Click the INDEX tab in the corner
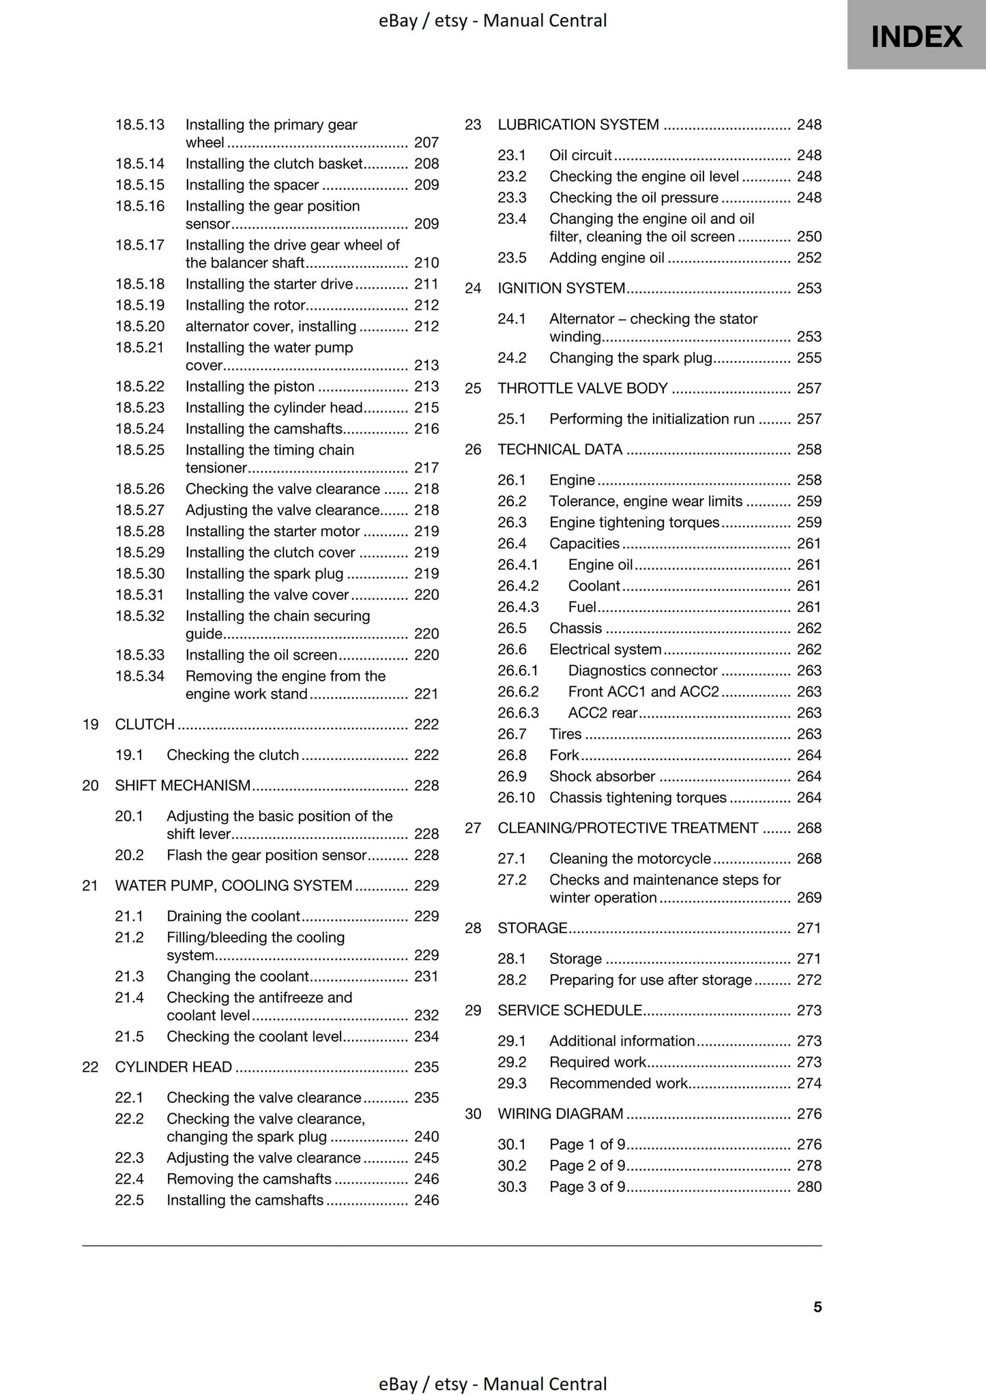coord(916,35)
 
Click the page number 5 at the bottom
coord(817,1306)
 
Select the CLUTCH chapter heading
coord(145,724)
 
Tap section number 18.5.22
coord(140,387)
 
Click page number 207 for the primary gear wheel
coord(426,143)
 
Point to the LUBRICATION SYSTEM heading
coord(578,125)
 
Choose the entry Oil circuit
coord(580,156)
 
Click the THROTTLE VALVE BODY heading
coord(582,389)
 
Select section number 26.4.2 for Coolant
coord(518,586)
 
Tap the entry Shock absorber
coord(602,776)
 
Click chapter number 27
coord(473,828)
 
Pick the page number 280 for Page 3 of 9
coord(809,1186)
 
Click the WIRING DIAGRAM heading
coord(560,1114)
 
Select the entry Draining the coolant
coord(233,916)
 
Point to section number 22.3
coord(130,1158)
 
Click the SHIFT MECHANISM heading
coord(183,786)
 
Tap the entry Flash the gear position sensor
coord(267,855)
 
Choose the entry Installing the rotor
coord(245,305)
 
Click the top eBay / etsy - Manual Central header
coord(493,21)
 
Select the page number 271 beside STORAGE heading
coord(809,928)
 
